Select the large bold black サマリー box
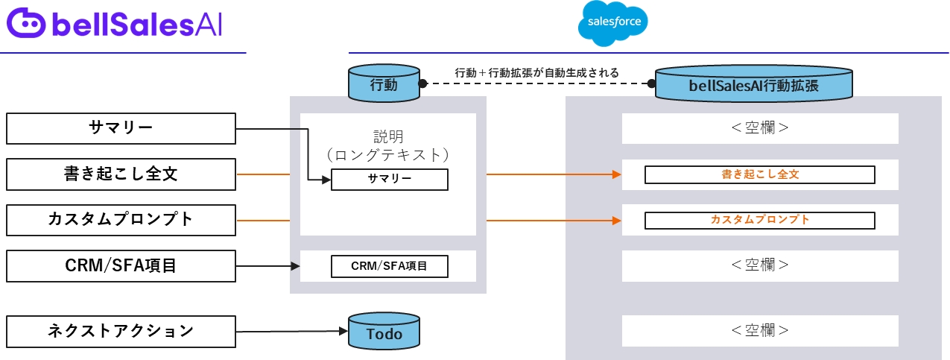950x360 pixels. click(121, 128)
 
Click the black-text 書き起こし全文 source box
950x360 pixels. click(121, 174)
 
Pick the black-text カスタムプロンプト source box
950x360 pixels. click(121, 220)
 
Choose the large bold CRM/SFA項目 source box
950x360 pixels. click(121, 265)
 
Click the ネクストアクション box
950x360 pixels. click(121, 330)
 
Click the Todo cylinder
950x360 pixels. click(384, 333)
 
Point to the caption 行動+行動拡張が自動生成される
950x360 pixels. click(536, 73)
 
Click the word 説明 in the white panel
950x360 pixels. click(388, 137)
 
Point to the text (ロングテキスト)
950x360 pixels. click(388, 155)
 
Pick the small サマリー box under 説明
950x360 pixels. click(390, 180)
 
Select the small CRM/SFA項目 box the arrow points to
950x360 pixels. click(390, 266)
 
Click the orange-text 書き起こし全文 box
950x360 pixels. click(759, 175)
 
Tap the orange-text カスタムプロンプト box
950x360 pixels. click(759, 221)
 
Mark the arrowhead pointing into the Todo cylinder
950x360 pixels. click(343, 331)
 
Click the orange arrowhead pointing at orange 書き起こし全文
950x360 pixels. click(617, 175)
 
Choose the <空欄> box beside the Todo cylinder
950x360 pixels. click(760, 330)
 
